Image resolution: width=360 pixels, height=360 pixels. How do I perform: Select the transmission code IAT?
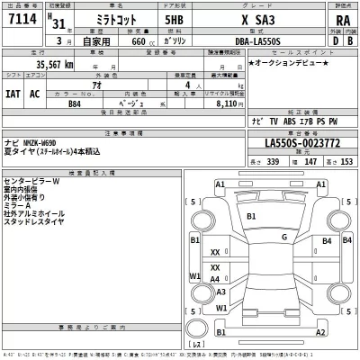point(13,94)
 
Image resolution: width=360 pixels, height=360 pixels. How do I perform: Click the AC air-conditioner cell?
point(35,94)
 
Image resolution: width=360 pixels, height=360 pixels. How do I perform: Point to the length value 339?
point(273,160)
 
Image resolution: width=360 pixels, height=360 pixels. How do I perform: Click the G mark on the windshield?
point(283,238)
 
